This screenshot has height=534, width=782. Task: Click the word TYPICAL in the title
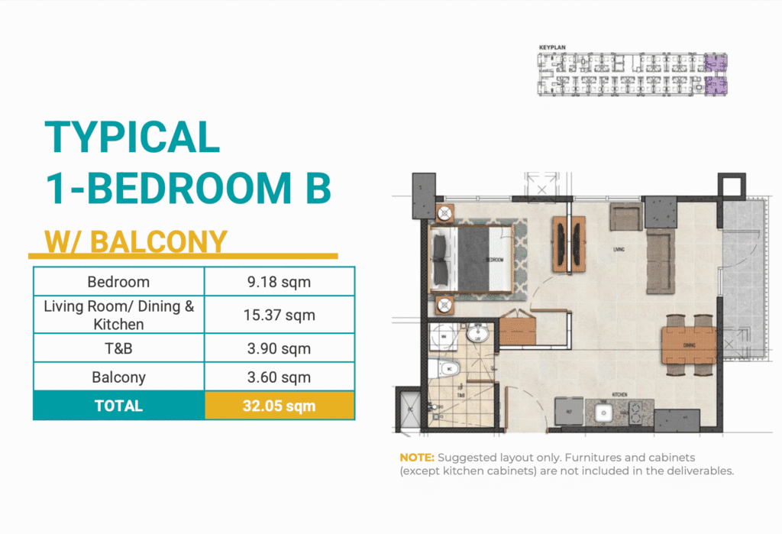pos(132,138)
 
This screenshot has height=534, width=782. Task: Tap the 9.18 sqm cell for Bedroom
pos(279,282)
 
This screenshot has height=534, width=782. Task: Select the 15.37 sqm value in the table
pos(279,315)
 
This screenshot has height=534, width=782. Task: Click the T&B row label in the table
pos(118,348)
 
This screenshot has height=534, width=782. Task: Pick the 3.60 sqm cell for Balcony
pos(279,377)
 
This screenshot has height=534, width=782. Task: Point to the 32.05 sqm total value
pos(279,406)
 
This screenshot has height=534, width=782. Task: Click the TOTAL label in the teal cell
pos(118,406)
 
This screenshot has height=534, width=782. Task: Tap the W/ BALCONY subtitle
pos(136,241)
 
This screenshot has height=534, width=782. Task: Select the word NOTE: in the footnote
pos(416,458)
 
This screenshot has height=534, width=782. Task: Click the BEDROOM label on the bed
pos(495,260)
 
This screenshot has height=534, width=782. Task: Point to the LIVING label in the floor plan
pos(619,249)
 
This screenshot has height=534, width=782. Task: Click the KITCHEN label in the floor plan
pos(619,395)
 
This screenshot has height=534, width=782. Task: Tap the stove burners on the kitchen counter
pos(637,413)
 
